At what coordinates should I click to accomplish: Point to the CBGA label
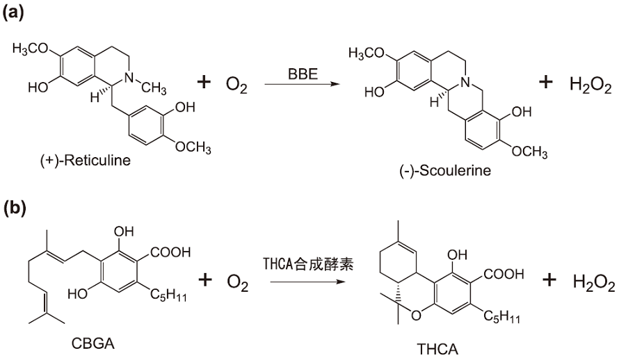(x=87, y=343)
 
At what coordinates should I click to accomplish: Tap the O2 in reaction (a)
(x=233, y=85)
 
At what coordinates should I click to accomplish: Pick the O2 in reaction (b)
(x=233, y=281)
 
